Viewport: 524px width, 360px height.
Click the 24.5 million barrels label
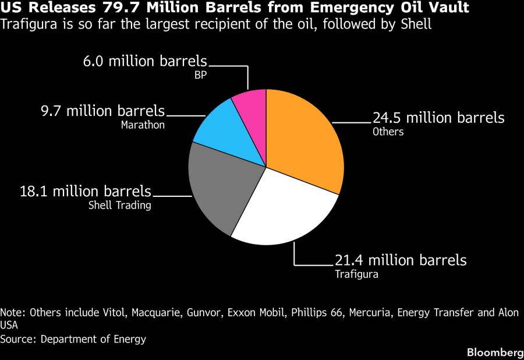pos(438,118)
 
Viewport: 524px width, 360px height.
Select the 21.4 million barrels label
pos(401,260)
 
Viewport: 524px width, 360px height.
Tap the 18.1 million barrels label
pos(86,192)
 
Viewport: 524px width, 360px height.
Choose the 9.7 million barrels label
pos(102,111)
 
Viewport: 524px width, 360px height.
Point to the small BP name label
pos(200,75)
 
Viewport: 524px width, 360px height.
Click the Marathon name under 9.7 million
pos(143,125)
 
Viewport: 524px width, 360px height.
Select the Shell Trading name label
pos(119,205)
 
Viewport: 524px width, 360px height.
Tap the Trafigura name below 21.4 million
pos(356,274)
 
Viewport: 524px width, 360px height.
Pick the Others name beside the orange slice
pos(388,132)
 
